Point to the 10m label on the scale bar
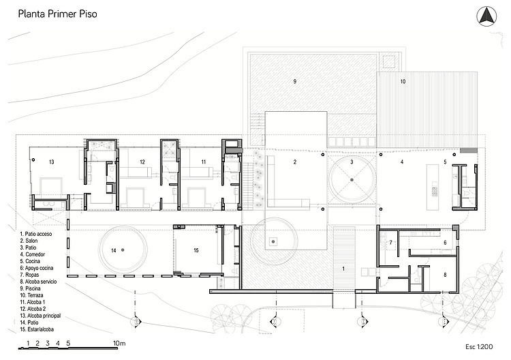tap(121, 343)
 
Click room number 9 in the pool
tap(294, 82)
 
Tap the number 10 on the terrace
tap(402, 82)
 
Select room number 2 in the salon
tap(294, 162)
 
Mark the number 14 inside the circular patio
tap(114, 251)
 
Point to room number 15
tap(196, 251)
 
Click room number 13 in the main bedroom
tap(51, 162)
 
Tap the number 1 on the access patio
tap(343, 269)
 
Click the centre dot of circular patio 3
tap(350, 179)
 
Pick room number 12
tap(142, 162)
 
